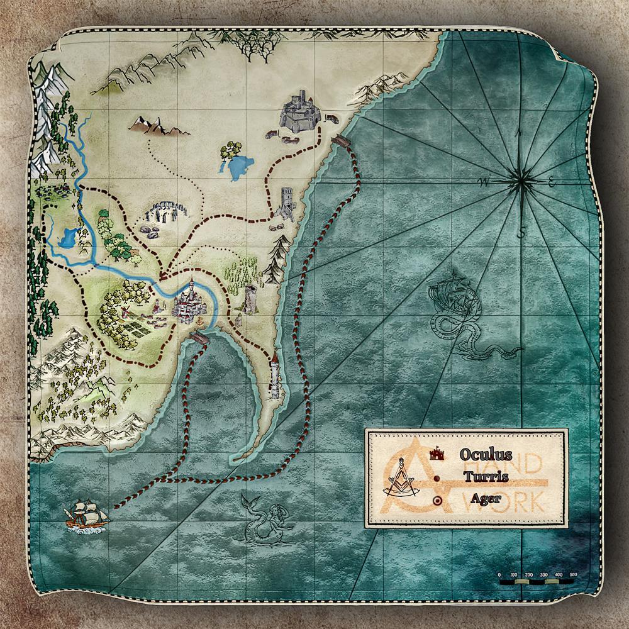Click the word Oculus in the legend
pos(485,454)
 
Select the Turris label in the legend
pos(486,476)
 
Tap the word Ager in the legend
pos(485,499)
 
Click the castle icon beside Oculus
pos(436,452)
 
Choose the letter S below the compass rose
pos(521,234)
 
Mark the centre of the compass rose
pos(521,182)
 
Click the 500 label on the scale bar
pos(573,575)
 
